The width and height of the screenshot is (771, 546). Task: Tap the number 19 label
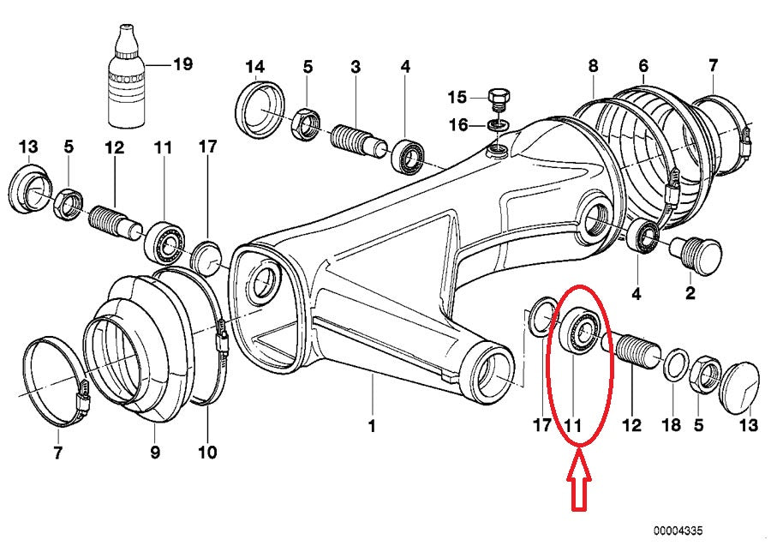coord(182,63)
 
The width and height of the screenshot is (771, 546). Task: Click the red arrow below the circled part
coord(579,486)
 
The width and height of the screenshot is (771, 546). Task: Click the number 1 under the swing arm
coord(372,425)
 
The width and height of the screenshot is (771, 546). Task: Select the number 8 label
coord(593,65)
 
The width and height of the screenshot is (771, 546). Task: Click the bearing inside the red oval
coord(580,330)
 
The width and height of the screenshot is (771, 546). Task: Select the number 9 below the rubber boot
coord(155,452)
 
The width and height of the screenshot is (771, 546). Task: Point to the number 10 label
coord(207,452)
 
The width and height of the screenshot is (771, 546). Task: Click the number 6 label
coord(643,65)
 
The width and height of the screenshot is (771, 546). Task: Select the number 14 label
coord(255,66)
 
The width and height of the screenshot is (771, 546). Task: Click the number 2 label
coord(690,294)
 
